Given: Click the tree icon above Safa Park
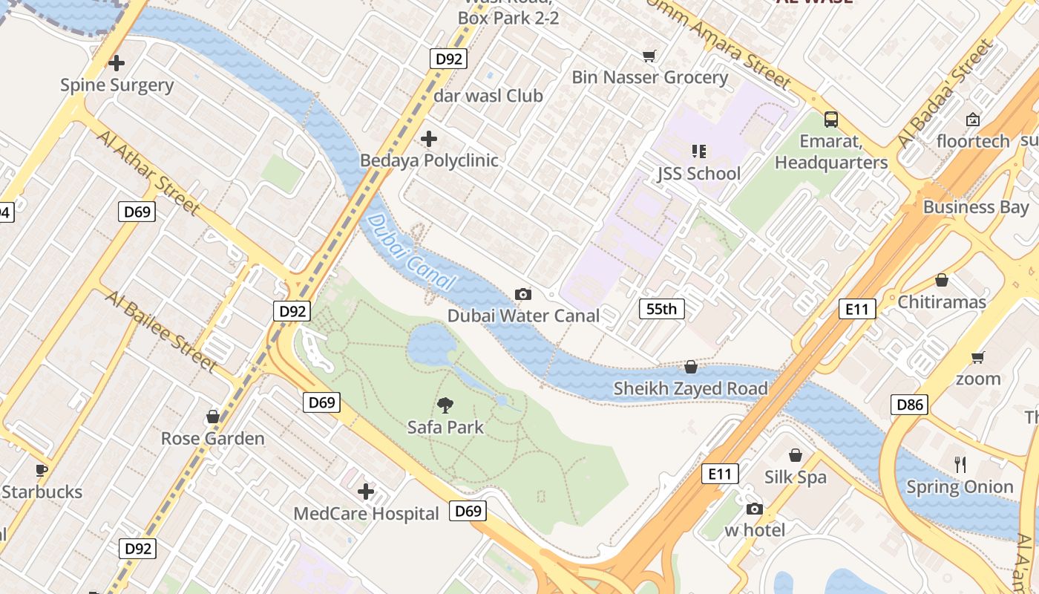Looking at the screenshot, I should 445,405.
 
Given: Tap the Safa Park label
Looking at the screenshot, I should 445,427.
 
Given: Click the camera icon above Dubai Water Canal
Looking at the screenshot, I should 523,295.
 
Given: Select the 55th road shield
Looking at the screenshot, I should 661,309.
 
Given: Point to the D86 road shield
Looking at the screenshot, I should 910,405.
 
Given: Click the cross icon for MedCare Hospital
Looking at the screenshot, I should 366,492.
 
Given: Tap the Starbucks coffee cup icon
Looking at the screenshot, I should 42,470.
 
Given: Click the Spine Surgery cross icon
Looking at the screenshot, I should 117,63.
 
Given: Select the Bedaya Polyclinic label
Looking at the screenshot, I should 429,160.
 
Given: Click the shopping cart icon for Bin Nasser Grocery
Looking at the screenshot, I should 649,56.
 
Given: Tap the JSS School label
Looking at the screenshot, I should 698,174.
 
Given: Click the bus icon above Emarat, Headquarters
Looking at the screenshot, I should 831,119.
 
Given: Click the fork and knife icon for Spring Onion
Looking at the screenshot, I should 960,465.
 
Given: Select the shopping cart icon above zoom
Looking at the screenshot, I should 978,357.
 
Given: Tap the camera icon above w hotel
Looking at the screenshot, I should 755,509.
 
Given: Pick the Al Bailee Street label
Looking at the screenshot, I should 160,331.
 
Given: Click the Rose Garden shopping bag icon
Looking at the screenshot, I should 213,417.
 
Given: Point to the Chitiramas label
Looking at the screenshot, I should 942,302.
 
